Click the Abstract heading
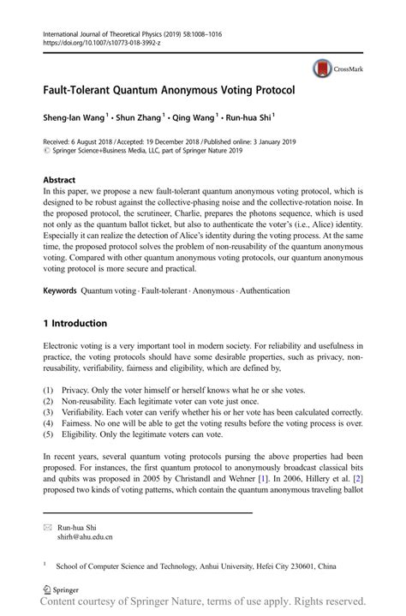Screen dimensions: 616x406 point(59,181)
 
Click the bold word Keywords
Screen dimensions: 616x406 point(60,291)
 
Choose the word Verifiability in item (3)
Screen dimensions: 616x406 point(84,412)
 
